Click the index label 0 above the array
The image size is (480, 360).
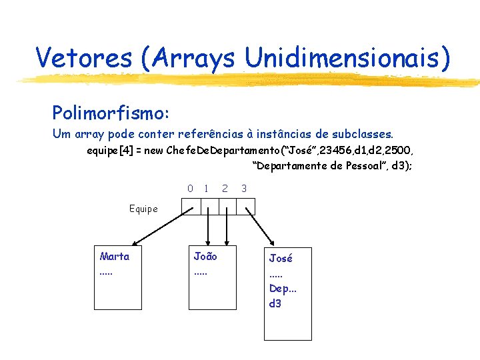tap(190, 189)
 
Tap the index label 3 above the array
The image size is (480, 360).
tap(244, 189)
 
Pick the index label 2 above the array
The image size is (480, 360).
tap(225, 189)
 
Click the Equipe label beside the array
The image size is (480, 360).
tap(143, 209)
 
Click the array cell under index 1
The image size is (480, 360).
tap(209, 207)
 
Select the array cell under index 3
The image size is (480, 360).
tap(246, 207)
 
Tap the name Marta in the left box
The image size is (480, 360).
tap(115, 256)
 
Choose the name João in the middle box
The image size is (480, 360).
tap(205, 256)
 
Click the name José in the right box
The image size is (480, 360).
tap(281, 259)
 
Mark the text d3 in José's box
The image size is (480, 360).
tap(275, 303)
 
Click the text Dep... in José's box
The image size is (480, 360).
tap(283, 289)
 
